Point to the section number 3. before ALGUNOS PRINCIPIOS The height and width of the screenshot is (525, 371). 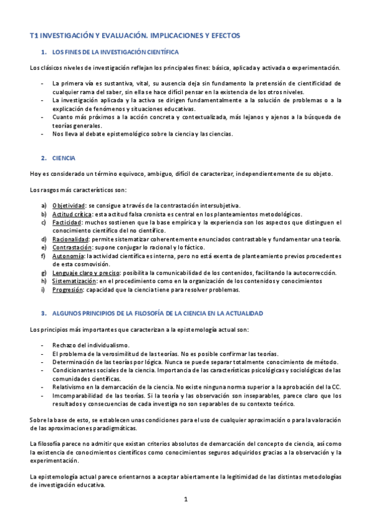point(42,313)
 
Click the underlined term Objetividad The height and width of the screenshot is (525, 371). point(69,206)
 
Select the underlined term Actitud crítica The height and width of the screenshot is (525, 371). point(73,214)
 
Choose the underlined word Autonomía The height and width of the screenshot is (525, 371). point(69,256)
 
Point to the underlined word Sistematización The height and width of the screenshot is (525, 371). point(75,281)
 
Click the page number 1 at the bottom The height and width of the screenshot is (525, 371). point(185,499)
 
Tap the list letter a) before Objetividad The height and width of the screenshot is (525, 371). point(43,206)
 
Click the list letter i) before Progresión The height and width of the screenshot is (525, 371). point(43,290)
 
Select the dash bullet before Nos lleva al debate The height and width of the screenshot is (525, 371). point(41,133)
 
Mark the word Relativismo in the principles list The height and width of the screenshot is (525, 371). point(69,387)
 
